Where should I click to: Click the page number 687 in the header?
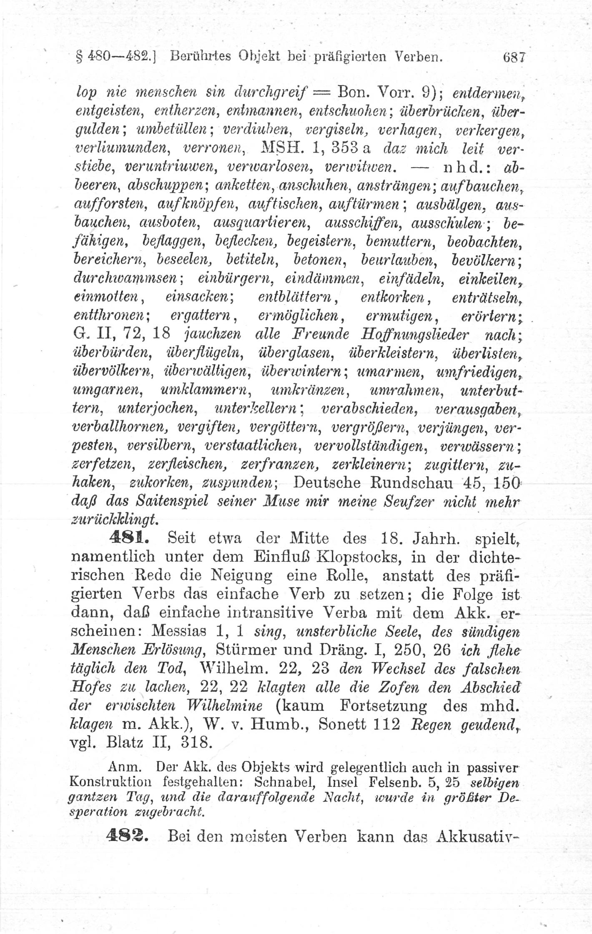tap(515, 56)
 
